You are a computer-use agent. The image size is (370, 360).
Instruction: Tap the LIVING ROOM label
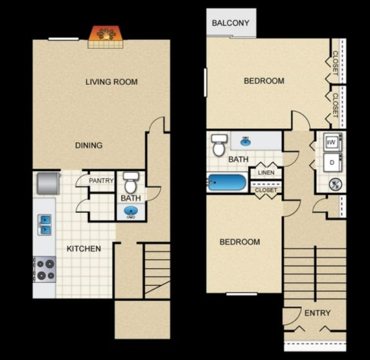[x=112, y=82]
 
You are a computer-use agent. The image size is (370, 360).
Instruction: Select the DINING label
[x=89, y=145]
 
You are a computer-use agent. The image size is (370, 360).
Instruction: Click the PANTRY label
[x=101, y=181]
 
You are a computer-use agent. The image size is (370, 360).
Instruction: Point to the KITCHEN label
[x=84, y=248]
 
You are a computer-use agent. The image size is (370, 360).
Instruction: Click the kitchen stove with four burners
[x=44, y=269]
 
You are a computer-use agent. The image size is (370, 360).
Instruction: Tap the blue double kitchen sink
[x=45, y=224]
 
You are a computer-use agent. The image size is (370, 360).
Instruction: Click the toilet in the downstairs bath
[x=130, y=182]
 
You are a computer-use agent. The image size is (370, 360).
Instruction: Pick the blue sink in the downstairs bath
[x=130, y=212]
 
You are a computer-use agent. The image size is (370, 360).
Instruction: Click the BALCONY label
[x=231, y=24]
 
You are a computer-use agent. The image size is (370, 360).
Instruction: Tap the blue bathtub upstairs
[x=227, y=183]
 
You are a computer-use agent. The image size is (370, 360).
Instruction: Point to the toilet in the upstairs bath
[x=218, y=145]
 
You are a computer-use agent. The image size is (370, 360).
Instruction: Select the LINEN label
[x=266, y=173]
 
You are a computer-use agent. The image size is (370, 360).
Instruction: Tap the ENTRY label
[x=317, y=313]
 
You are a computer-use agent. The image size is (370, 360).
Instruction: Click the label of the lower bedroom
[x=240, y=242]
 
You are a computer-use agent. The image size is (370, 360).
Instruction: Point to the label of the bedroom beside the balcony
[x=263, y=81]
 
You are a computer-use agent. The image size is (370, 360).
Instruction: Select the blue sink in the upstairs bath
[x=246, y=140]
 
